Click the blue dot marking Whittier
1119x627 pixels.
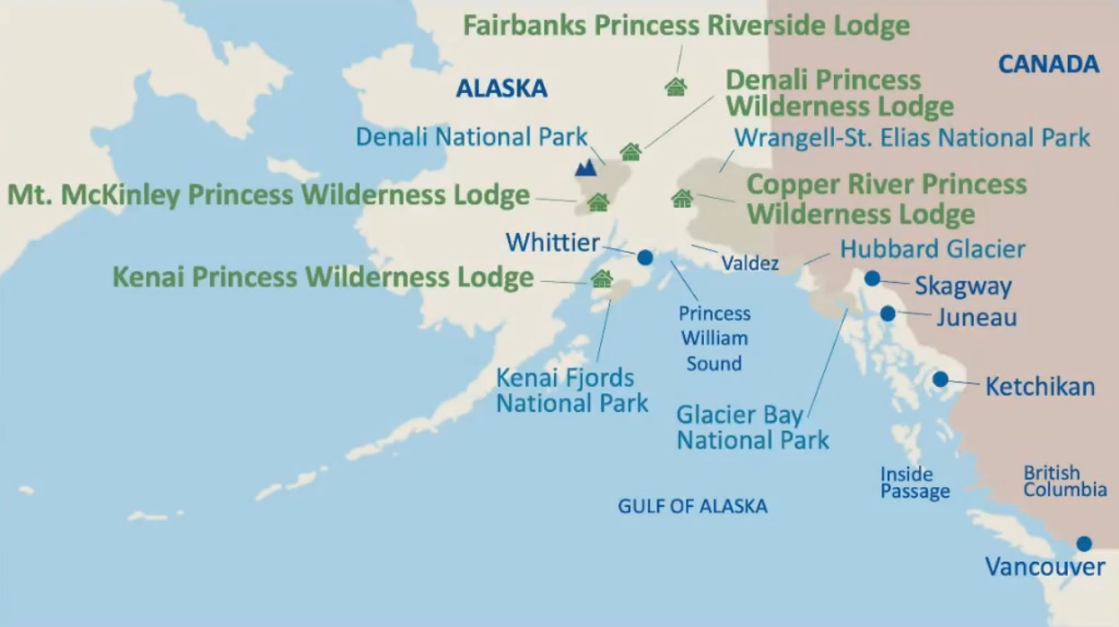645,257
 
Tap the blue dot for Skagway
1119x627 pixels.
872,279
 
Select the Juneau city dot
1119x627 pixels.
888,313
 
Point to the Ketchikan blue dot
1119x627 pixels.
940,379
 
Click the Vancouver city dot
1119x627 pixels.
1084,544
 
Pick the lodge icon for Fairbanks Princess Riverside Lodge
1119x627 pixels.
675,87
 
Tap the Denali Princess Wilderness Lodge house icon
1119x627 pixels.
631,152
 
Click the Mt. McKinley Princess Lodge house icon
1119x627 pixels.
598,203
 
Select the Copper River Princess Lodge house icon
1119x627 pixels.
682,199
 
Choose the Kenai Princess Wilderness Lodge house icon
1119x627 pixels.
602,279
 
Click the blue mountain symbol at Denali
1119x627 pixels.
586,167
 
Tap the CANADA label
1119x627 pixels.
1048,64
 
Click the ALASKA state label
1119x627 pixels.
501,88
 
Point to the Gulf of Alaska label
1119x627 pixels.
692,506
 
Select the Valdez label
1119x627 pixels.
750,264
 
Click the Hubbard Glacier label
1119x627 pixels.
932,248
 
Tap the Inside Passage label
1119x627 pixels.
915,483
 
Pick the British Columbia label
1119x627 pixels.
1065,481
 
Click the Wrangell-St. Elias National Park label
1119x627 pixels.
912,138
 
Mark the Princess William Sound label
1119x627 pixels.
715,339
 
